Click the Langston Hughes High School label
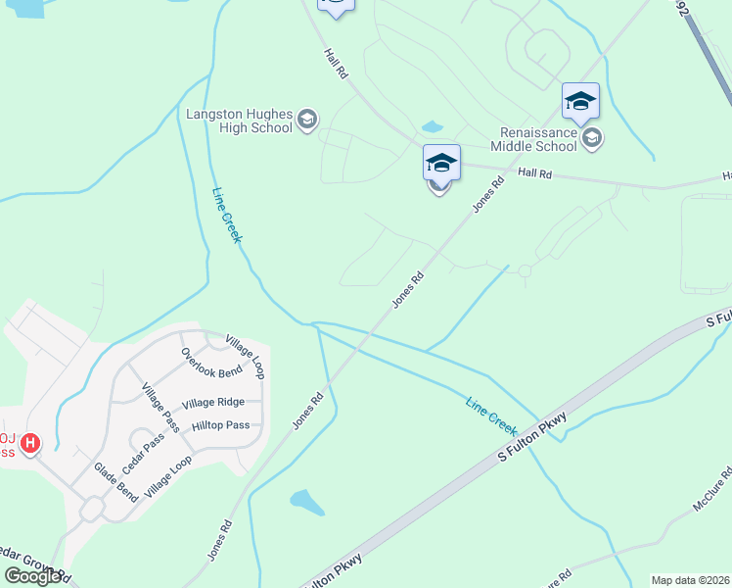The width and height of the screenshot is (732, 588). coord(240,121)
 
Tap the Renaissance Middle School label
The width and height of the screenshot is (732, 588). coord(538,138)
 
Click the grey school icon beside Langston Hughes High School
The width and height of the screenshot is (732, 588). coord(307,120)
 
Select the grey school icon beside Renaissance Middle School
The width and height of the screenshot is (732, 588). coord(591,138)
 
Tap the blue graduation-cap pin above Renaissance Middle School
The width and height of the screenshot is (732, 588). coord(580,100)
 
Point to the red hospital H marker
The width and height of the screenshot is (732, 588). coord(30,444)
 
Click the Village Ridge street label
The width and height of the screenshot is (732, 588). coord(213,403)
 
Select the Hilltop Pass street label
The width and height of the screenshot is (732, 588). coord(220,425)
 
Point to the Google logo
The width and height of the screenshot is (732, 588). coord(32,576)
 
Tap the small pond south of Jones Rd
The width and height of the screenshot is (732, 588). coord(307,503)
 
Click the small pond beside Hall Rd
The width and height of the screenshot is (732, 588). coord(431,127)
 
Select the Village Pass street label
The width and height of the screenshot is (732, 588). coord(160,407)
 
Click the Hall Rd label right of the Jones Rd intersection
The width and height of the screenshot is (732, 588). coord(535,172)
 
